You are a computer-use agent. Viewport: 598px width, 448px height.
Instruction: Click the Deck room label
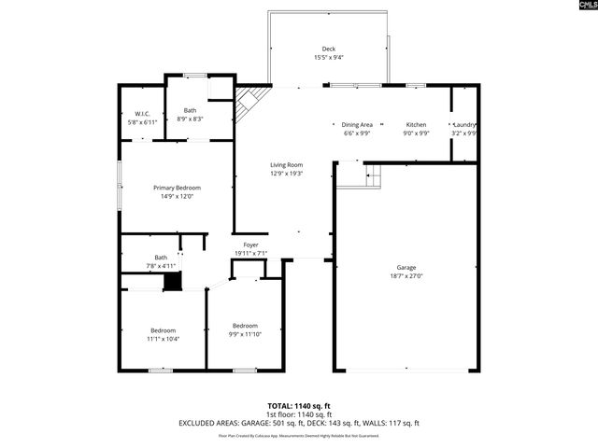pos(328,49)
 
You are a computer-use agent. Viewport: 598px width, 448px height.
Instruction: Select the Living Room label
pos(287,164)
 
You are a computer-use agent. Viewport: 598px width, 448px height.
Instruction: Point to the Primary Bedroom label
pos(177,188)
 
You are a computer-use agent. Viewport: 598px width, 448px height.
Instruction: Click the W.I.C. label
pos(143,114)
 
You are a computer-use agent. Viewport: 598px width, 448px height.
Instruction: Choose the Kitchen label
pos(416,124)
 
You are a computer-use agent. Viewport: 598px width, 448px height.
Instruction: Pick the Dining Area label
pos(357,124)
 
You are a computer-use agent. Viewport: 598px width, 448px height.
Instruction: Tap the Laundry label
pos(465,124)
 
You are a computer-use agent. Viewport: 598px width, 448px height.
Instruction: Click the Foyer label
pos(250,245)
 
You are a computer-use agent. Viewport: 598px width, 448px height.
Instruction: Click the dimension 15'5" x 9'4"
pos(328,58)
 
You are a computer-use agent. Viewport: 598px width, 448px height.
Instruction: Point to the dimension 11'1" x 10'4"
pos(164,339)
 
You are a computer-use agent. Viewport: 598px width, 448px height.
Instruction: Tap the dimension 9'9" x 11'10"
pos(245,334)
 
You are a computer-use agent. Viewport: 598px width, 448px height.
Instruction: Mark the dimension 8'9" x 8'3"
pos(191,119)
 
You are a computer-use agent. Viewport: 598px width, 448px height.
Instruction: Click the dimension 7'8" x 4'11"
pos(161,266)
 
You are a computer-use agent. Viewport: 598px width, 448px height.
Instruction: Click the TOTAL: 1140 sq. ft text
pos(298,406)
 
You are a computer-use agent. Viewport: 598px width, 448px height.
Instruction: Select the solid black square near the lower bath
pos(170,282)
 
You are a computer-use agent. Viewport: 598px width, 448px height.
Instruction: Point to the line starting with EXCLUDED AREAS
pos(298,423)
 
